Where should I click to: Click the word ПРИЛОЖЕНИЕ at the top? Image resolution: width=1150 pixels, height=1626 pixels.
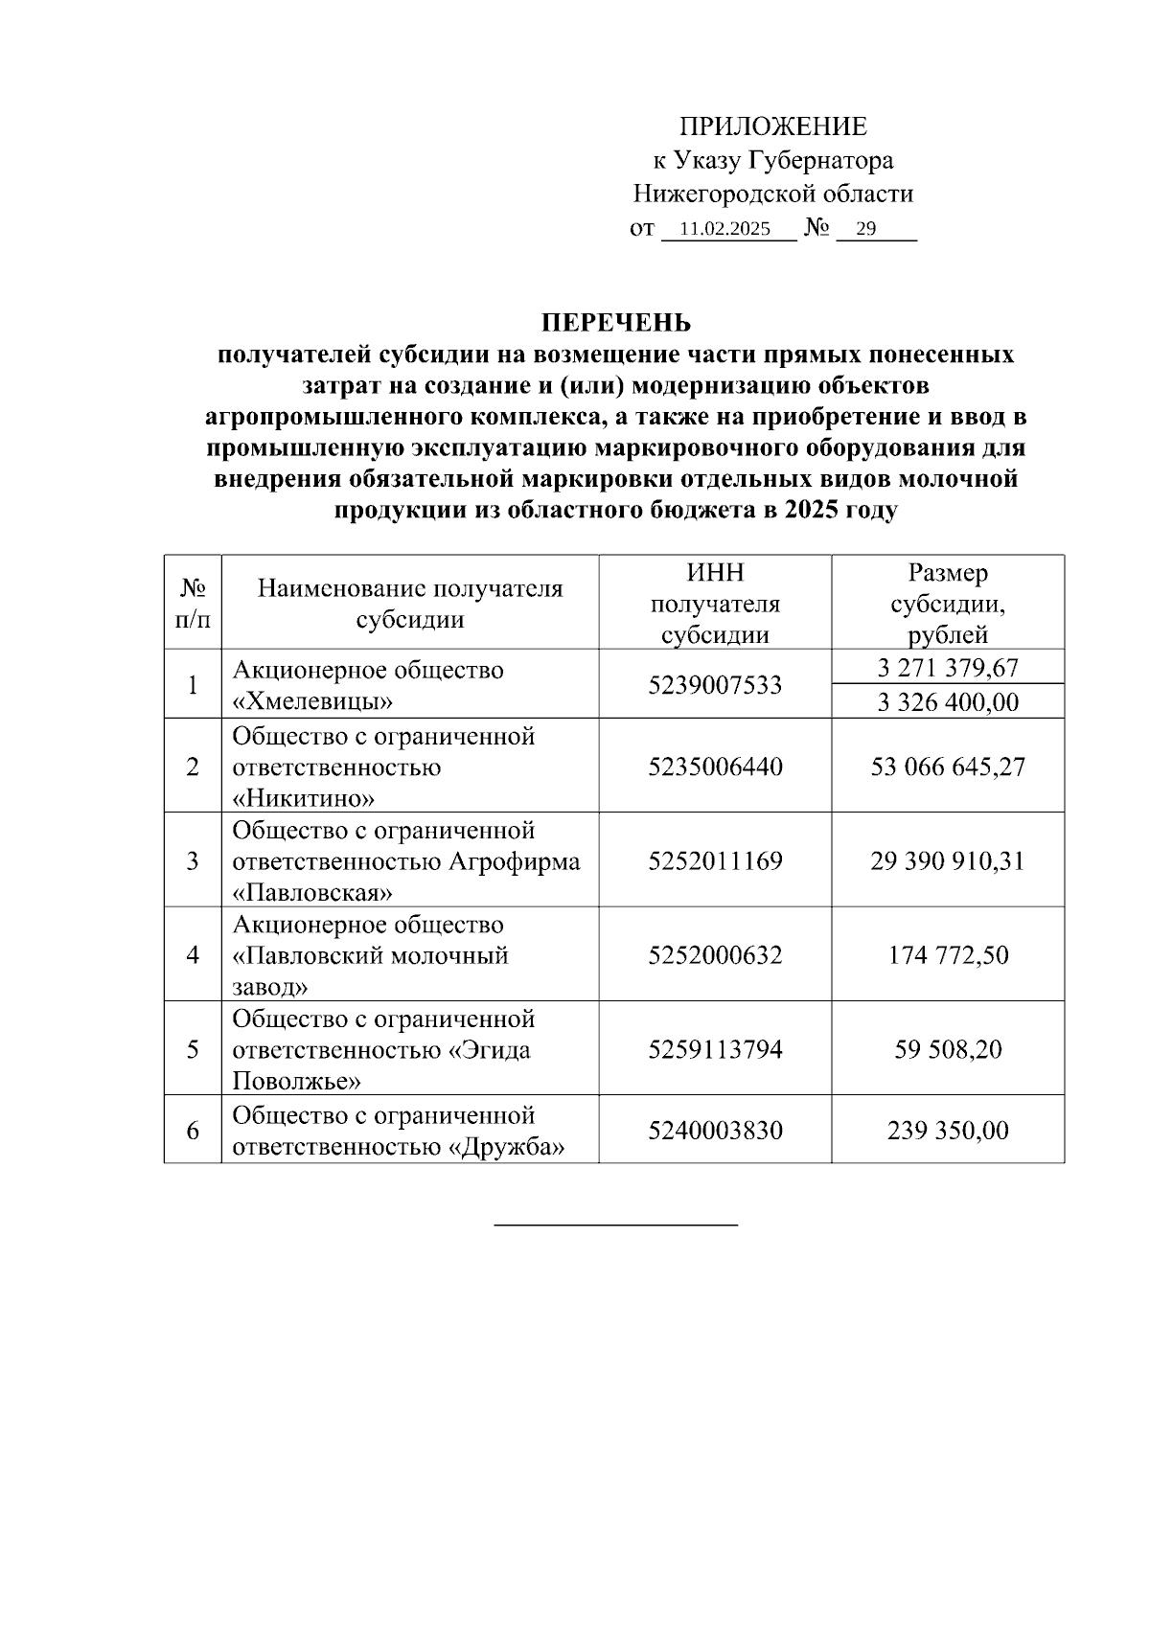pos(772,126)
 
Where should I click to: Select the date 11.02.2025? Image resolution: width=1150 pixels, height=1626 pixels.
pos(724,230)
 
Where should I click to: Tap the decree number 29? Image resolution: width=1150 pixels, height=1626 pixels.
pos(865,230)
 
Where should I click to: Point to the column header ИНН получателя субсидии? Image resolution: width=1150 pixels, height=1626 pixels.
pos(715,604)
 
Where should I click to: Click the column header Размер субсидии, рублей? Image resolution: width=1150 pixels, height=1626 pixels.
pos(948,604)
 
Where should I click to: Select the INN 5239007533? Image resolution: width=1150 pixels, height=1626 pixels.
pos(715,685)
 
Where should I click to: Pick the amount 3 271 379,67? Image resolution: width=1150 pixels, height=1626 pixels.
pos(948,668)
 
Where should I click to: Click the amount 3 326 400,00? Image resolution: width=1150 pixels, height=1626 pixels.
pos(948,702)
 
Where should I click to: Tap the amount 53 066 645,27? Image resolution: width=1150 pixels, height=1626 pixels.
pos(948,767)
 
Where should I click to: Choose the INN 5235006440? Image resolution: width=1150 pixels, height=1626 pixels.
pos(715,767)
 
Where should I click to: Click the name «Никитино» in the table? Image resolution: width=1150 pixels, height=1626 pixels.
pos(304,798)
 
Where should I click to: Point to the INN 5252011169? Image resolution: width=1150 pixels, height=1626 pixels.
pos(715,860)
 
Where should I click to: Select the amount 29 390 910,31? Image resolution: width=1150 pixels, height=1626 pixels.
pos(948,860)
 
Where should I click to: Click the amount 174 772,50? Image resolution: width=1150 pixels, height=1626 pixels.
pos(948,955)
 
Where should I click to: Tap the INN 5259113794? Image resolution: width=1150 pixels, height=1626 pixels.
pos(715,1049)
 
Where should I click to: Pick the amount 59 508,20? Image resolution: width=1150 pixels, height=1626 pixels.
pos(948,1049)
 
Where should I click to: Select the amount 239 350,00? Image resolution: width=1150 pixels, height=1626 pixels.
pos(948,1131)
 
